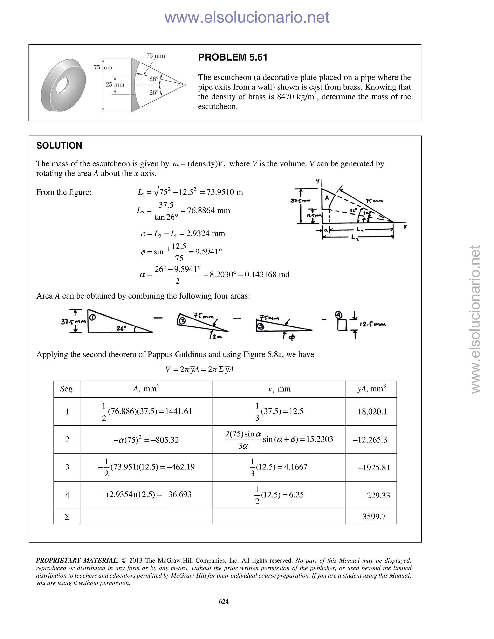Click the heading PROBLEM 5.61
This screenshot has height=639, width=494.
pyautogui.click(x=233, y=57)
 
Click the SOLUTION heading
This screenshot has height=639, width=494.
pyautogui.click(x=59, y=145)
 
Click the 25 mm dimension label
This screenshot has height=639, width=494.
pyautogui.click(x=115, y=85)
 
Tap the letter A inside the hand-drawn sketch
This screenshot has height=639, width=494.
pyautogui.click(x=327, y=198)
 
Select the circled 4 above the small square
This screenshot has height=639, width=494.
pyautogui.click(x=339, y=315)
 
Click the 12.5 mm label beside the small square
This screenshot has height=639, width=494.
pyautogui.click(x=372, y=324)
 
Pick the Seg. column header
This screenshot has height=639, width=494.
pyautogui.click(x=67, y=389)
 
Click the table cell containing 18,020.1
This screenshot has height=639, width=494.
pyautogui.click(x=372, y=412)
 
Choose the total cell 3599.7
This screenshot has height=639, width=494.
pyautogui.click(x=374, y=517)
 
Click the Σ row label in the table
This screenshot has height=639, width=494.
pyautogui.click(x=67, y=517)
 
